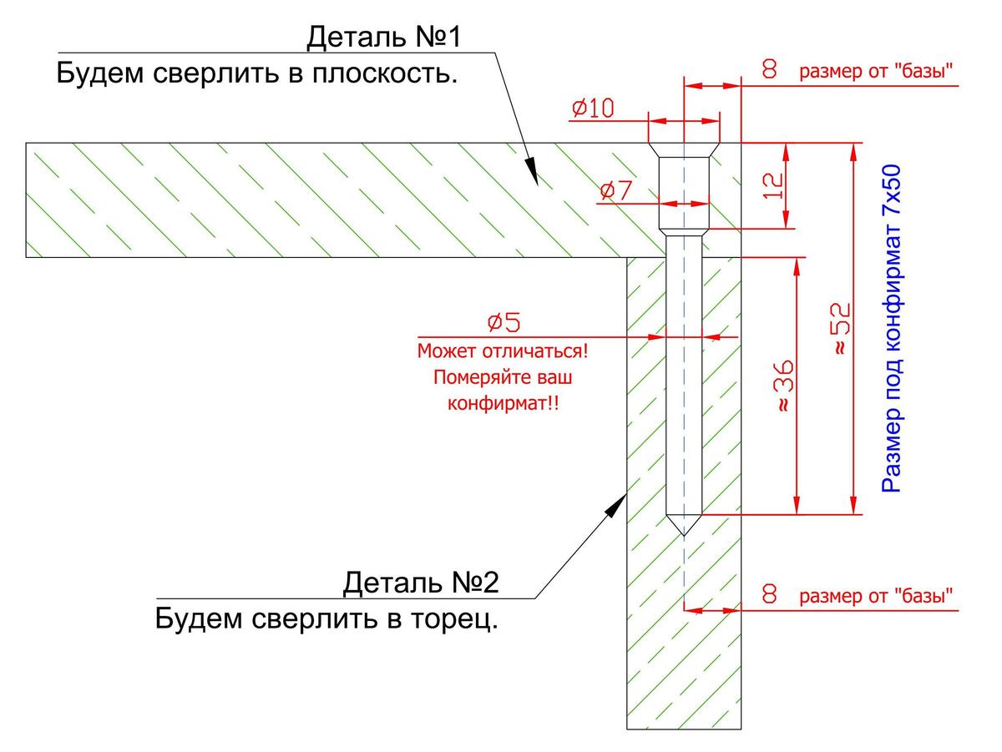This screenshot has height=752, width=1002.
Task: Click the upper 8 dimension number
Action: click(x=770, y=70)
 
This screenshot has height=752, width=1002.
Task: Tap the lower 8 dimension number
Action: click(x=770, y=595)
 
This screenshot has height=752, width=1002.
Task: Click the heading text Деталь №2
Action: click(x=420, y=583)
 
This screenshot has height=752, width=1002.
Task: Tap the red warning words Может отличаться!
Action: click(x=503, y=351)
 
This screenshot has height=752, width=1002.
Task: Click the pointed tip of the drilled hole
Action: click(x=684, y=532)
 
